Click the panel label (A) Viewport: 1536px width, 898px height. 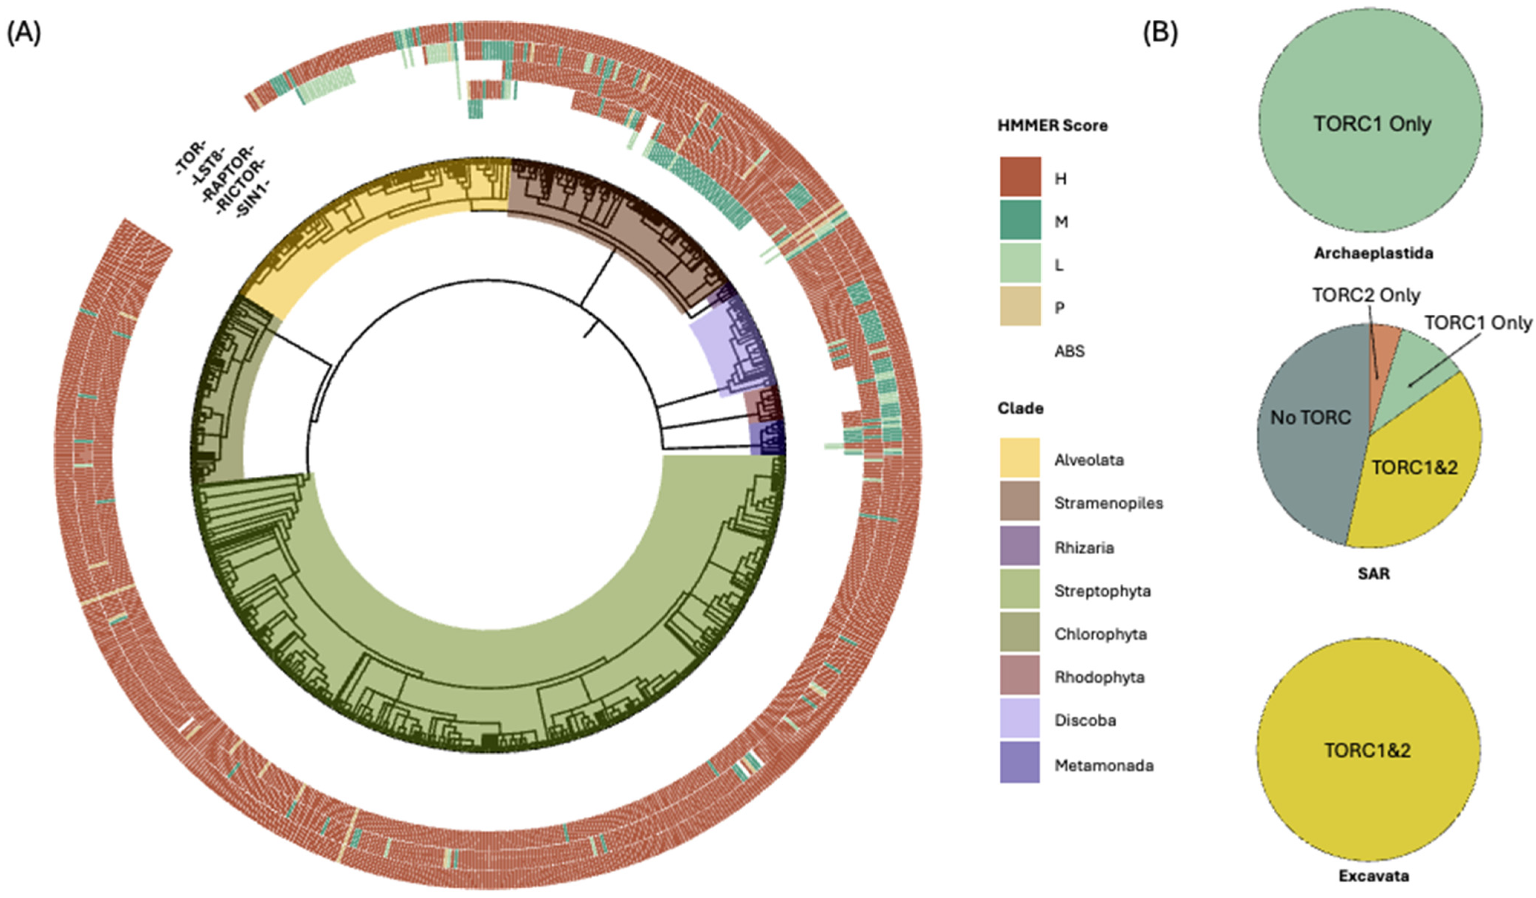25,35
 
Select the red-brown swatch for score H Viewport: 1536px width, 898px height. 1020,177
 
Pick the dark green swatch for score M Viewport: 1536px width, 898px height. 1020,221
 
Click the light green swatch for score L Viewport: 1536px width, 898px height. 1020,264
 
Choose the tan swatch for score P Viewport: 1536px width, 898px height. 1020,307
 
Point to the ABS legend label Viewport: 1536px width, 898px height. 1070,351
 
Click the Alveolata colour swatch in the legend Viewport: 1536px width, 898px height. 1019,458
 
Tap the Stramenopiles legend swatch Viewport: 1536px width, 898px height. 1019,501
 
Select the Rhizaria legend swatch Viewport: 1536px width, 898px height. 1019,546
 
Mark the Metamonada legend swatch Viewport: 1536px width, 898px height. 1019,763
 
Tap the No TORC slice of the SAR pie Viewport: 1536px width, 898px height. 1311,418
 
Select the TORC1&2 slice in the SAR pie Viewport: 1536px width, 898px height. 1414,468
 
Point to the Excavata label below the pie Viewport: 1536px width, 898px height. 1373,876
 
